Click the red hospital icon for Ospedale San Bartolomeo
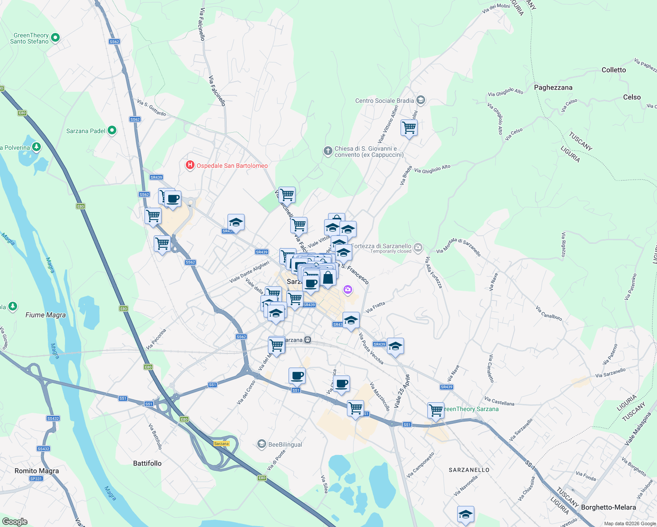pos(190,166)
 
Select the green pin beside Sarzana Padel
pos(112,130)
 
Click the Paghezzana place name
pos(553,87)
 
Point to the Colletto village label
pos(614,70)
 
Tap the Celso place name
pos(632,97)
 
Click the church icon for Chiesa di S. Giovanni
pos(328,152)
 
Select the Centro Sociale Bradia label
pos(384,101)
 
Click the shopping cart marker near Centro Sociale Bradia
pos(409,128)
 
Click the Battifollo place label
pos(147,463)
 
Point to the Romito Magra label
pos(36,471)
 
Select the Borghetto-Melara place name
pos(608,507)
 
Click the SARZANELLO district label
pos(469,470)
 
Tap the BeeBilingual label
pos(285,444)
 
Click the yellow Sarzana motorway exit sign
pos(221,444)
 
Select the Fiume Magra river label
pos(46,315)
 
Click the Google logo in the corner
pos(15,521)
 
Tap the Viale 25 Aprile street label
pos(402,391)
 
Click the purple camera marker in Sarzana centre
pos(348,289)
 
